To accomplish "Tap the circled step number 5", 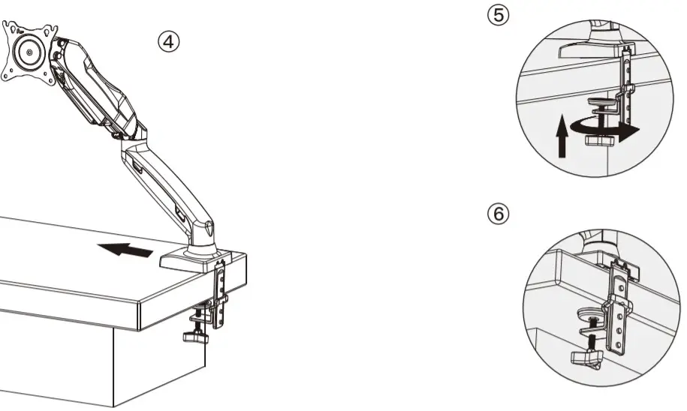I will [498, 14].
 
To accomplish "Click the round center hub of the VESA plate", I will [29, 53].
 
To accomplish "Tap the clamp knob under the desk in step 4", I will [195, 337].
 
